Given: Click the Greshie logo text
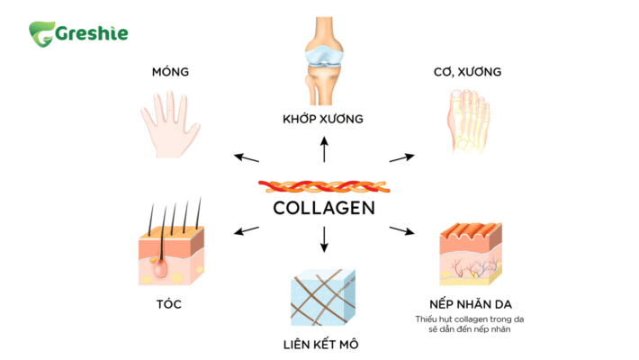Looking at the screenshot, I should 93,33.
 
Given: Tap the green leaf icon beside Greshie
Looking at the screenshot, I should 41,34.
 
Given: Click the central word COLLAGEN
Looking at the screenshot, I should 323,208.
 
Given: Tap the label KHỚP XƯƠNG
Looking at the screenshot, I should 323,119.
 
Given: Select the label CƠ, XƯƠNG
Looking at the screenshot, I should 467,71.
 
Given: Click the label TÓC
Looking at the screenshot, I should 169,303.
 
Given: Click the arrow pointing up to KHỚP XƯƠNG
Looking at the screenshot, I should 324,149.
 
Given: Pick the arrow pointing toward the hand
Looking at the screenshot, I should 246,158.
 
